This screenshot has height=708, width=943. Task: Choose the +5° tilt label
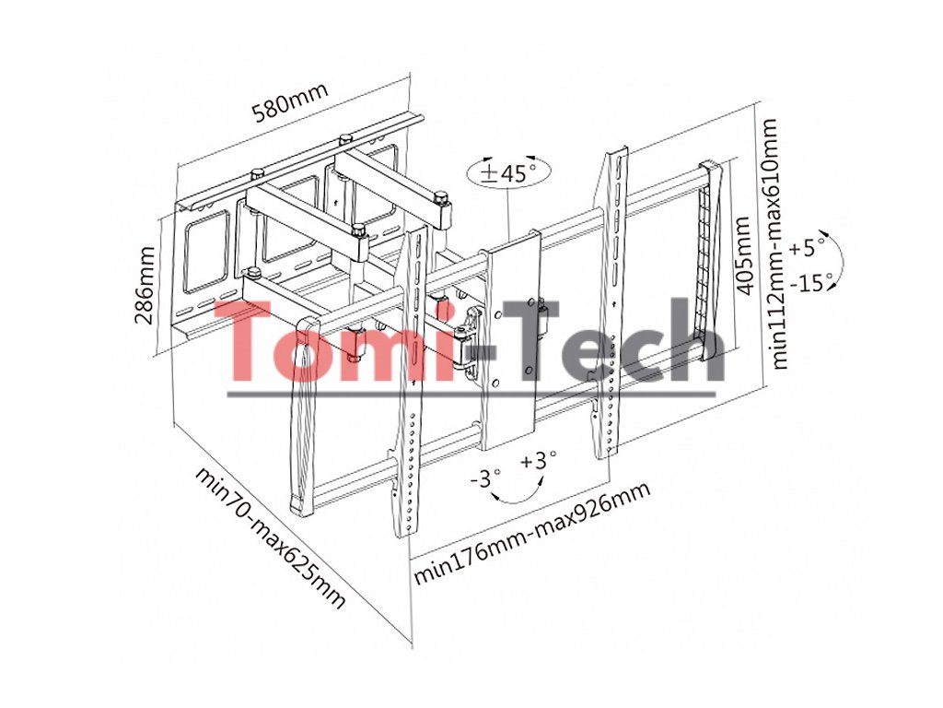[x=808, y=247]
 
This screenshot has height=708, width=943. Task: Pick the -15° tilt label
[x=815, y=282]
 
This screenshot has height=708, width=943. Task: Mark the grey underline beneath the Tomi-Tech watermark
[x=470, y=395]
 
